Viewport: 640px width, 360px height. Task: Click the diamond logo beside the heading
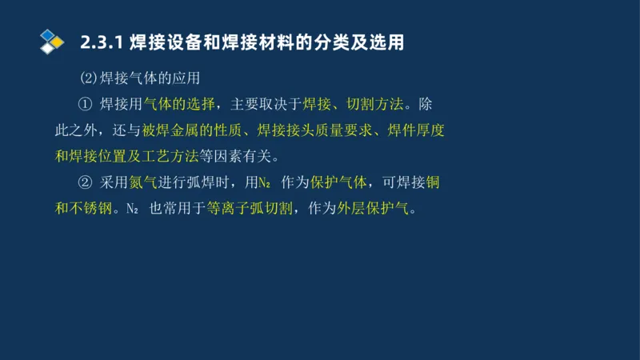(52, 41)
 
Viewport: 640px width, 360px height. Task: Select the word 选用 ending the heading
(389, 42)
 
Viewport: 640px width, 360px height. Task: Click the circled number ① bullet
(86, 105)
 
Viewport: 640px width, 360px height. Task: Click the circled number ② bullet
(86, 182)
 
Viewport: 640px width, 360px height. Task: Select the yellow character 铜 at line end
(433, 182)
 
